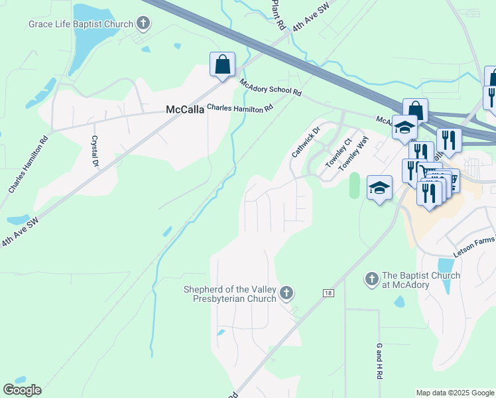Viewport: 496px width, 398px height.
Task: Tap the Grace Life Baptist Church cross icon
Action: [142, 25]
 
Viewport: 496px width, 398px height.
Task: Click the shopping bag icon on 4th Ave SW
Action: [222, 64]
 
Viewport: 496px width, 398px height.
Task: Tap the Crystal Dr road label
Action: [95, 151]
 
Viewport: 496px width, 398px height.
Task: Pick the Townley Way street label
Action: [353, 155]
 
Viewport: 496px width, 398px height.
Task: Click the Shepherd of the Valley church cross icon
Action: [286, 292]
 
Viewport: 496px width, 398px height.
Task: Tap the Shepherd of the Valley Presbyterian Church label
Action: [229, 294]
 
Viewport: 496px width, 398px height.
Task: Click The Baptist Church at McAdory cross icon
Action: [371, 279]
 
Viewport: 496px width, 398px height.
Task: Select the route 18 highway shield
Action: [328, 293]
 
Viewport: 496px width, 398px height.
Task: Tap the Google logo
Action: [22, 390]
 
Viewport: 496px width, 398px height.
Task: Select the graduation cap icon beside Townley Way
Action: [379, 188]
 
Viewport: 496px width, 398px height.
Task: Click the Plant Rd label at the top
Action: [279, 15]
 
